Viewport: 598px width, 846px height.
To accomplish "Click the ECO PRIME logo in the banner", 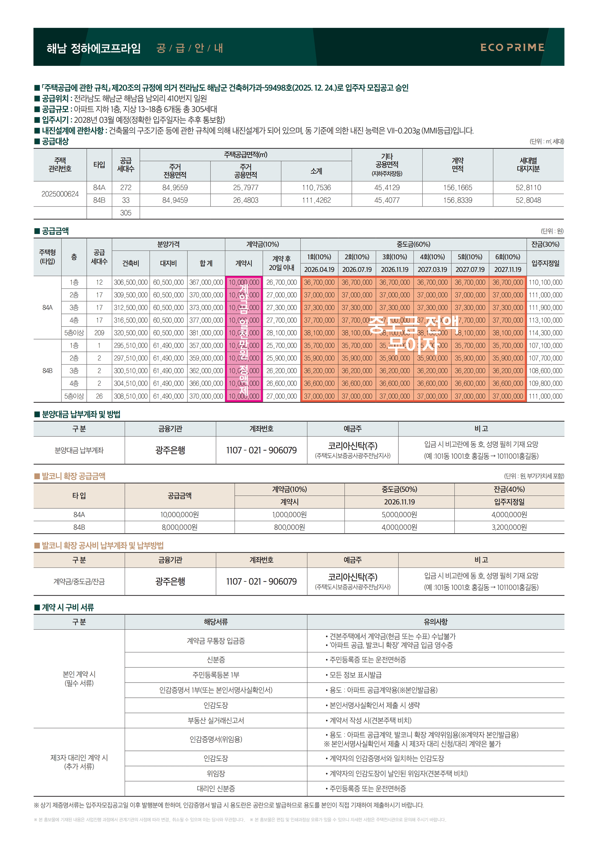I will tap(512, 48).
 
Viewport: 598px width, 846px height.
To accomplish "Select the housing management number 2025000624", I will tap(60, 194).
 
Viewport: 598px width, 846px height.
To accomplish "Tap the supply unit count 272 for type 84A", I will tap(126, 188).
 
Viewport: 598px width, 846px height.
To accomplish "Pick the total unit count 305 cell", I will tap(126, 213).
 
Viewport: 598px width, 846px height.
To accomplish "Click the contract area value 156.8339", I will tap(458, 200).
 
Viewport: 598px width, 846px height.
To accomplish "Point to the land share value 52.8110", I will tap(528, 188).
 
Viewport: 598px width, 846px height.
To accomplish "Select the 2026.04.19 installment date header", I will tap(319, 269).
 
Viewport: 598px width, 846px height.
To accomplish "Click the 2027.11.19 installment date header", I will tap(508, 269).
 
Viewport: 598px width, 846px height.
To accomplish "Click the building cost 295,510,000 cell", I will tap(131, 346).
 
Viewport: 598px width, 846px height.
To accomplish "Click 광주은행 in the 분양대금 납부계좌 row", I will tap(170, 450).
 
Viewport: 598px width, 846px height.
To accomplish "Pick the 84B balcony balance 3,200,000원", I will tap(509, 527).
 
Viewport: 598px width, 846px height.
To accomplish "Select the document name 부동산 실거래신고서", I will tap(216, 720).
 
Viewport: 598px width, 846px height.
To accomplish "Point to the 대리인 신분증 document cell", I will tap(216, 789).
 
